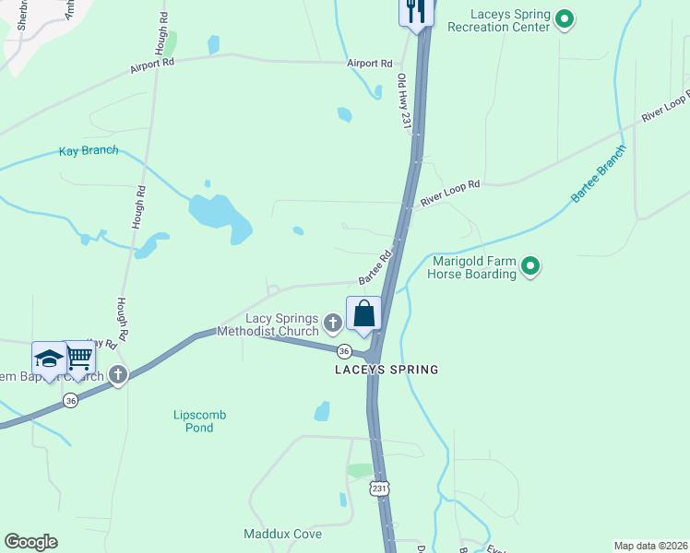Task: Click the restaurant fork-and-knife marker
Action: (416, 11)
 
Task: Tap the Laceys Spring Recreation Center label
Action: (498, 21)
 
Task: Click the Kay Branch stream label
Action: (89, 151)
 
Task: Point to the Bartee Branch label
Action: (599, 174)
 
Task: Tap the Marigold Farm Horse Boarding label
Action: (474, 267)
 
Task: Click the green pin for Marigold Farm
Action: (530, 267)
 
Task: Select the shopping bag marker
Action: (364, 313)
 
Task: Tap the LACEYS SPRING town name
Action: (386, 370)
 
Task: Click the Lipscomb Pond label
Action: (199, 421)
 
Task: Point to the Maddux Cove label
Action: (282, 534)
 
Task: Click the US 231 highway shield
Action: (379, 488)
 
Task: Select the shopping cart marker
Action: (80, 357)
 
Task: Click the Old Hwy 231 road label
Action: (403, 101)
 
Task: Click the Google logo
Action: (30, 542)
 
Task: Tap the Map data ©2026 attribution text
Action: (649, 546)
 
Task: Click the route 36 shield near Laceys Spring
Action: (344, 351)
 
